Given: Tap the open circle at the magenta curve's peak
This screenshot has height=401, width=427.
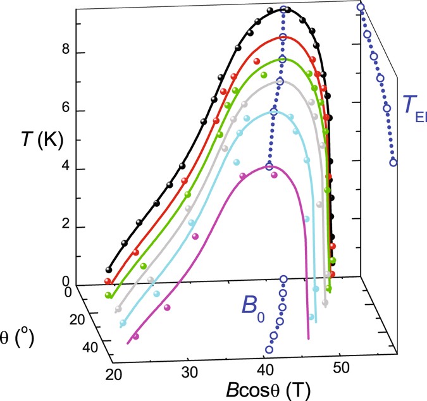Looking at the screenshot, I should (269, 166).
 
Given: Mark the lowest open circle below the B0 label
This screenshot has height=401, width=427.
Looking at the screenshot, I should (269, 350).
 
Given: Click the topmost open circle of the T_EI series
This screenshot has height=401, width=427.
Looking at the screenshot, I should (360, 8).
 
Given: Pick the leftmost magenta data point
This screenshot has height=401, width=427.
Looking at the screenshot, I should (136, 336).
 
